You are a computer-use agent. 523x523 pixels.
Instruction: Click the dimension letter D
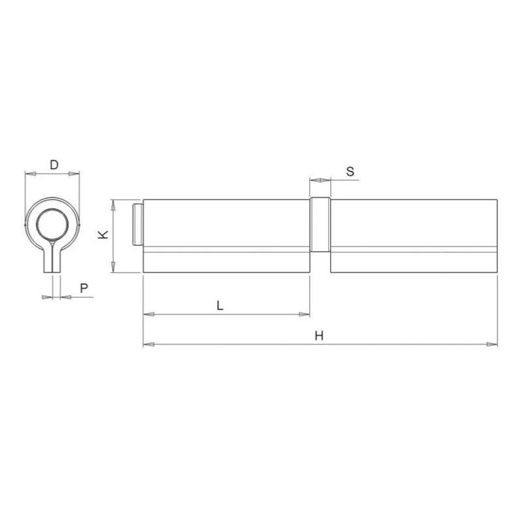tap(54, 165)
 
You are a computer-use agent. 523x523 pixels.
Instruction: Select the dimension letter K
tap(103, 235)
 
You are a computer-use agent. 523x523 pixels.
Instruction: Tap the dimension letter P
tap(84, 288)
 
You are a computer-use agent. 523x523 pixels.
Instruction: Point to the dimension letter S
tap(350, 172)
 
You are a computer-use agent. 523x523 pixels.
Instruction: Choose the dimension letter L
tap(220, 305)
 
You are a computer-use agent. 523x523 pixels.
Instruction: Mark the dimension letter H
tap(319, 335)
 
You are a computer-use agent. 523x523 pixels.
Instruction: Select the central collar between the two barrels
tap(320, 224)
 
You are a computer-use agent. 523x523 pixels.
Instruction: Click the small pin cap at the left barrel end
tap(138, 224)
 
